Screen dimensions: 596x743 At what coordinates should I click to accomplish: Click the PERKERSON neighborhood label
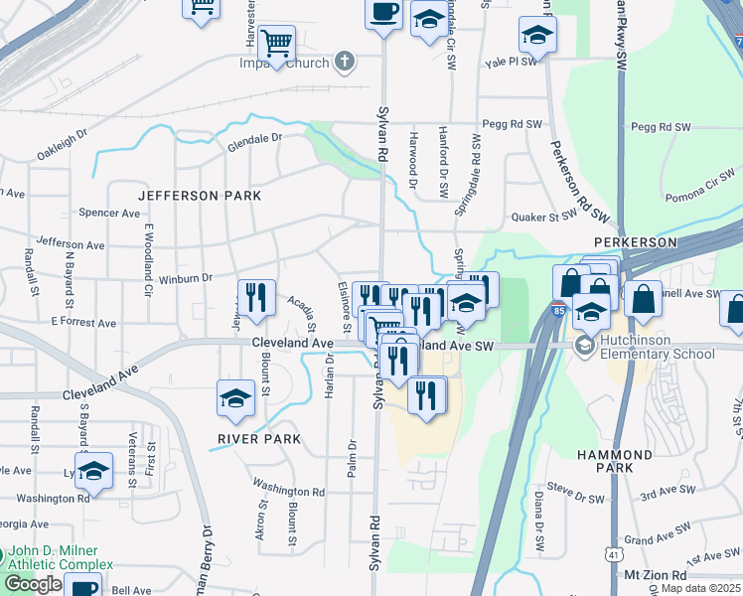(635, 242)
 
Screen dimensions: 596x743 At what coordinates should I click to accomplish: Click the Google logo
(33, 583)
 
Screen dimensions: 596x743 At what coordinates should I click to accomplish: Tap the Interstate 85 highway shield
(560, 309)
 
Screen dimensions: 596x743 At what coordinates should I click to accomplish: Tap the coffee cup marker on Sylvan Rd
(383, 13)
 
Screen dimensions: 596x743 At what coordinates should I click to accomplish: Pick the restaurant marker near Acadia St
(256, 297)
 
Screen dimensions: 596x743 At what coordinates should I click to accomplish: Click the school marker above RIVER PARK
(235, 398)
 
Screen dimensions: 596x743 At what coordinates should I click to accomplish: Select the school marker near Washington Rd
(93, 471)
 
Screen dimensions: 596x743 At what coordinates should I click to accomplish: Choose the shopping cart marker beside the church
(276, 43)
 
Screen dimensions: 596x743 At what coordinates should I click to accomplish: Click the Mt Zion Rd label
(655, 575)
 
